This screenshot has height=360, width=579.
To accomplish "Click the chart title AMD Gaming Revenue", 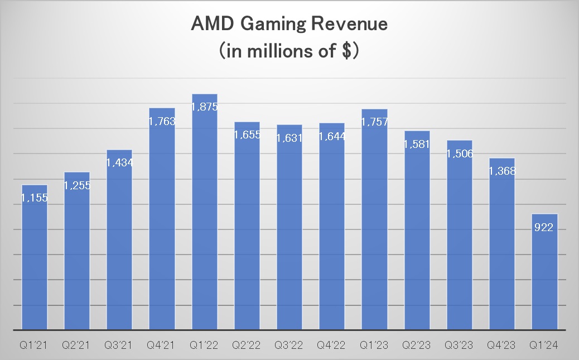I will (289, 25).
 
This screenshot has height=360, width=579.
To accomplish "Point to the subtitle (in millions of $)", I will (289, 51).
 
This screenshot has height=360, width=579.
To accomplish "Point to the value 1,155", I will (34, 198).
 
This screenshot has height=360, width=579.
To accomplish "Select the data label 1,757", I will (374, 122).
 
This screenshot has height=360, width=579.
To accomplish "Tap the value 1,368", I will (502, 171).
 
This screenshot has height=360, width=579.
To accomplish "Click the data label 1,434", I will (119, 162).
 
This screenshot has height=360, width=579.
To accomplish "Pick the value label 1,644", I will (332, 136).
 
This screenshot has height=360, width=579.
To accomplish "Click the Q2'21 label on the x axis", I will (77, 345).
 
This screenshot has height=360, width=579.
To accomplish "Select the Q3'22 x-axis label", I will (289, 345).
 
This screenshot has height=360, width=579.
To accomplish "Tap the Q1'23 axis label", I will (374, 345).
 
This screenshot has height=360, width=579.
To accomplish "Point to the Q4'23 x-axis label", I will (502, 345).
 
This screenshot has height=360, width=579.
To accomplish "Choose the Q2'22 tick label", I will (247, 345).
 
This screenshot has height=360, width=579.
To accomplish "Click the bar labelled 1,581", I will (417, 234).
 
